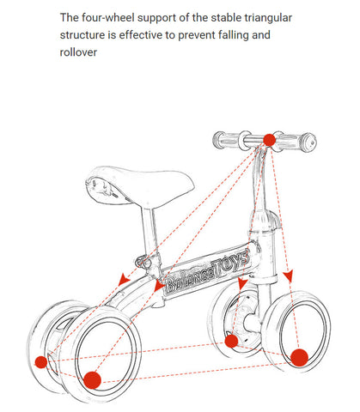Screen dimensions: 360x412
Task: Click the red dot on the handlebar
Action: [269, 140]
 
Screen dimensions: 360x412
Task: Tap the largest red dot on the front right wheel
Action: [299, 358]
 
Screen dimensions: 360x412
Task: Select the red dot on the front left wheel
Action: [231, 341]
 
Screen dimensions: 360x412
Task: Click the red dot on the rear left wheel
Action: [41, 362]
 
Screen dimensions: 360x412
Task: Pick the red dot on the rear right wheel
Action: [92, 380]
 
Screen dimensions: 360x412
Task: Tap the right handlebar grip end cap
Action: [309, 142]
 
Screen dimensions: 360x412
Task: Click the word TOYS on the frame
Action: [230, 264]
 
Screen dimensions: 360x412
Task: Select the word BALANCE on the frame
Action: [189, 281]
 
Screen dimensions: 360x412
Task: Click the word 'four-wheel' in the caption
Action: [108, 18]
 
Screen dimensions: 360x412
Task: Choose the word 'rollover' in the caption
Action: [78, 52]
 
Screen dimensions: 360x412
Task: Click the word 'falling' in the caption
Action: [234, 35]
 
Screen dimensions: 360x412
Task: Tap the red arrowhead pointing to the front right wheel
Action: [288, 276]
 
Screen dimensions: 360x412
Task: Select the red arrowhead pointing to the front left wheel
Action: [242, 283]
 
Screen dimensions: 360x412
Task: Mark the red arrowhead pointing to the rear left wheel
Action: [124, 279]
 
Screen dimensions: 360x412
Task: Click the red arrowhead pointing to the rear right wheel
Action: [159, 285]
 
